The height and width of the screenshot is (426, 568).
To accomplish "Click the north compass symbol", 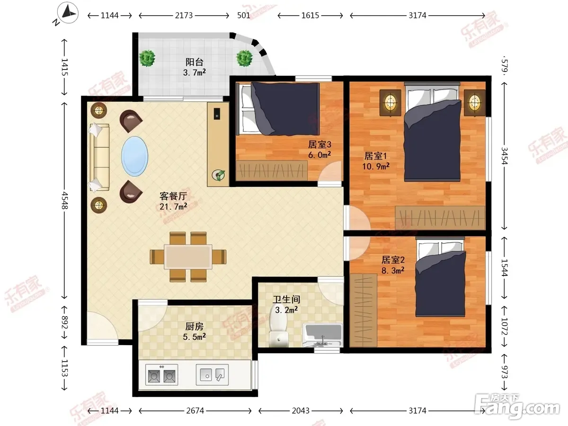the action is [x=68, y=13].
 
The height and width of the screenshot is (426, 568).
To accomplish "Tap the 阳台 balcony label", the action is [x=195, y=62].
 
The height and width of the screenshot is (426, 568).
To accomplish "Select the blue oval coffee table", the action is [x=135, y=157].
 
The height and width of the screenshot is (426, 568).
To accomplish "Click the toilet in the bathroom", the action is [x=279, y=326].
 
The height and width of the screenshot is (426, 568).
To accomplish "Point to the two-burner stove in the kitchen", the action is [x=162, y=374].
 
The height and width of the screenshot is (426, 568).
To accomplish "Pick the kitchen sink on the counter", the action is [x=212, y=374].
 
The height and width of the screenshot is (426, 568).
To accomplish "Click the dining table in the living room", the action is [x=188, y=257].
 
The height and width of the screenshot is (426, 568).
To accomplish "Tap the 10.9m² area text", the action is [x=376, y=166].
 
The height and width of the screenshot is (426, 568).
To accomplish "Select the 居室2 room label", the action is [x=393, y=260].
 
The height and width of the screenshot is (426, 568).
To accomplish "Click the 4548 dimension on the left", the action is [x=64, y=201].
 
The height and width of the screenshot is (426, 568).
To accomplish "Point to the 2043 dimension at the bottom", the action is [x=301, y=410].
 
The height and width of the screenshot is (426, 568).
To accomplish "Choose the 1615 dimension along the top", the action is [x=310, y=16].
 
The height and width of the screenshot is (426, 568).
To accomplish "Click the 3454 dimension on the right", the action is [x=505, y=156].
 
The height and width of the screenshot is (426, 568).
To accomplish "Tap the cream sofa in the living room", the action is [x=99, y=157].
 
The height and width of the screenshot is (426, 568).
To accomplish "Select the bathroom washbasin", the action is [x=323, y=335].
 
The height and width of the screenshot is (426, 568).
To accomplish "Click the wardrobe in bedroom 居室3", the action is [x=272, y=170].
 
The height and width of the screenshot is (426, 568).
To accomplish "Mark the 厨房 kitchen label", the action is [x=195, y=327].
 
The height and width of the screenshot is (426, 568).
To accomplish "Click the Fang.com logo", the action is [x=517, y=406].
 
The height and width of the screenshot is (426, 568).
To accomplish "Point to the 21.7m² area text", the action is [x=173, y=207].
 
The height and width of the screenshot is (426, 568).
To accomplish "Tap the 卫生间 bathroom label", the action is [x=286, y=299].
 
